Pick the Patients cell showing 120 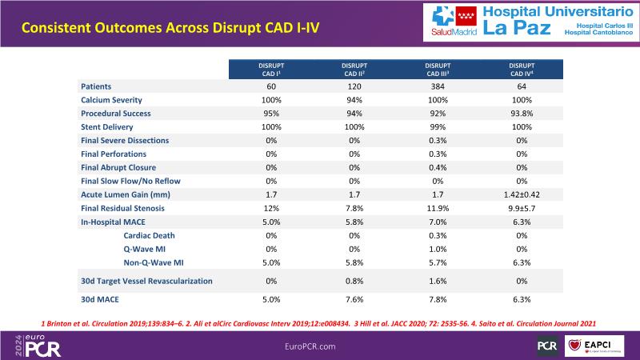[x=354, y=86]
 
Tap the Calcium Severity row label [x=111, y=99]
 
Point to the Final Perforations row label [x=113, y=154]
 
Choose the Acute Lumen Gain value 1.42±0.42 [x=522, y=194]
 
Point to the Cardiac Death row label [x=150, y=235]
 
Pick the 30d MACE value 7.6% [x=354, y=300]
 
